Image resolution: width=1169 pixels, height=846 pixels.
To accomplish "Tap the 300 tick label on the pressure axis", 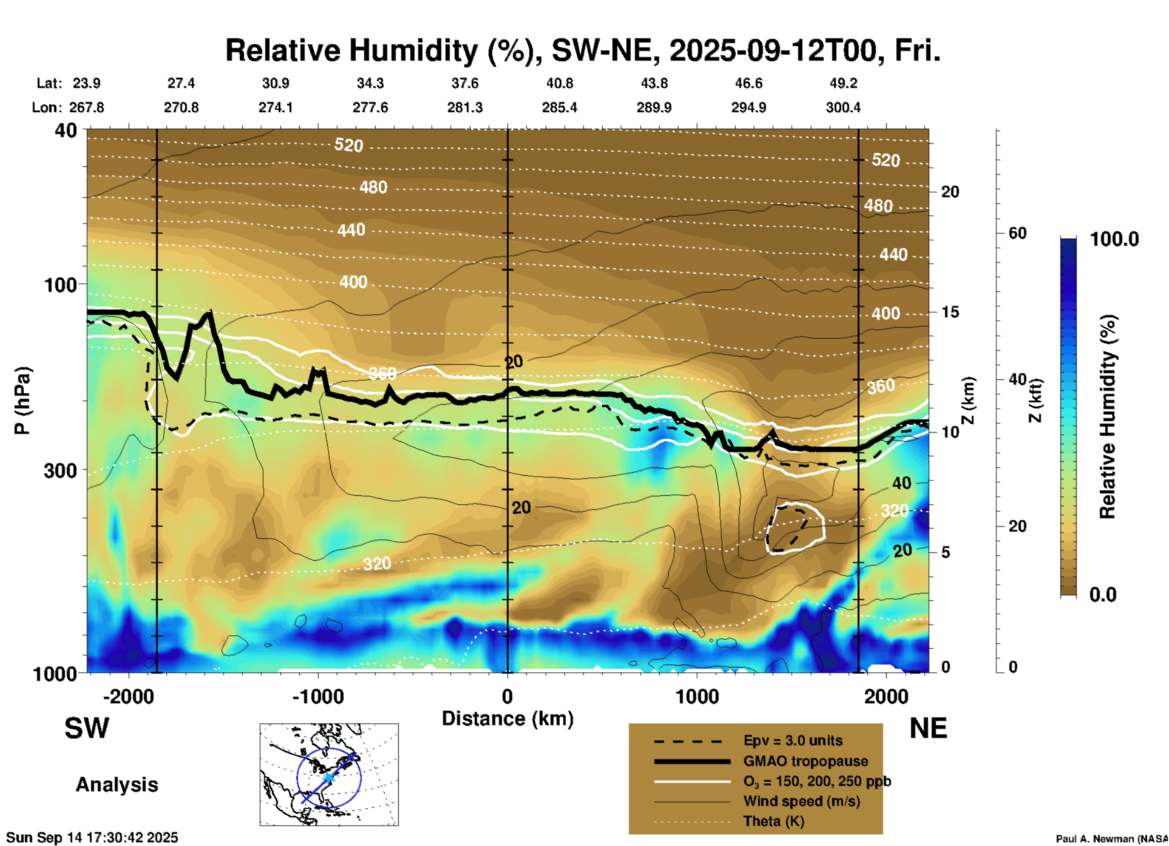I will (x=61, y=470).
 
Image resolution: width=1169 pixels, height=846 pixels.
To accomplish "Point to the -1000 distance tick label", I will (x=317, y=696).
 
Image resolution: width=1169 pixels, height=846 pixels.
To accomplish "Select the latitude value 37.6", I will (x=464, y=83).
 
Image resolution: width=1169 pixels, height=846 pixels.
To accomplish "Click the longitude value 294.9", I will (x=748, y=107).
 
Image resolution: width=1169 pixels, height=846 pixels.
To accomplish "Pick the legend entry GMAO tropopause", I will (x=805, y=761).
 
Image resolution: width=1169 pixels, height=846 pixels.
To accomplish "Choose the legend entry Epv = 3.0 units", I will (x=793, y=740).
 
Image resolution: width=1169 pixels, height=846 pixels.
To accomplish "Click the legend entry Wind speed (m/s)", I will (x=801, y=801).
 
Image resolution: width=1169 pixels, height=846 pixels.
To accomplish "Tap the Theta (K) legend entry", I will (x=773, y=821).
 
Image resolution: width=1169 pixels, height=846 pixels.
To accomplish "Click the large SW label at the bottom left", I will (x=87, y=728).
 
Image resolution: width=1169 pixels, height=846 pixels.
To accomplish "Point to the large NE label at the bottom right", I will (x=928, y=728).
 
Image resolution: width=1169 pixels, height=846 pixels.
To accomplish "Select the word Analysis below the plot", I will (x=117, y=784).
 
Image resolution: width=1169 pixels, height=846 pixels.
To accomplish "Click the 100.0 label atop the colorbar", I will (x=1114, y=239).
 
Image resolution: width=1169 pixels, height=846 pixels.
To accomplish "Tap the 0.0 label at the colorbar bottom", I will (x=1103, y=595).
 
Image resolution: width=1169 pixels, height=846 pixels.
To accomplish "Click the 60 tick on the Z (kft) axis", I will (x=1017, y=233).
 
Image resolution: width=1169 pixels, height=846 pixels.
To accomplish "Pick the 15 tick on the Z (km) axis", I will (x=950, y=312).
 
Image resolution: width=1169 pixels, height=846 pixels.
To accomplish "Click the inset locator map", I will (x=329, y=774).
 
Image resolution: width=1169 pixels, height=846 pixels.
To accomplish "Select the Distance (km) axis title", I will (x=507, y=719).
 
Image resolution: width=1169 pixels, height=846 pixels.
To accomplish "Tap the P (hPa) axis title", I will (x=22, y=401).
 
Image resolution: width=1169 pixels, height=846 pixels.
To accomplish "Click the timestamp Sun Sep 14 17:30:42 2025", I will (x=92, y=838).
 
